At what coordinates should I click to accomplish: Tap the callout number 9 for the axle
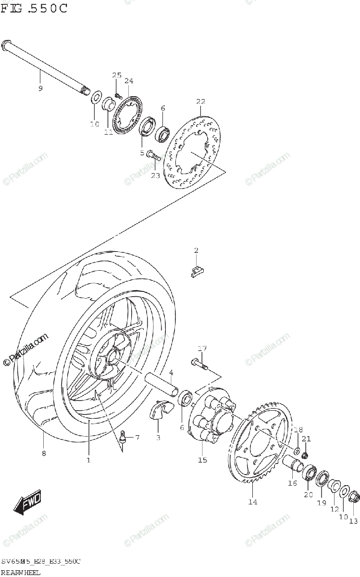pos(40,88)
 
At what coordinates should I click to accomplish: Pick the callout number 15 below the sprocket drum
pos(202,460)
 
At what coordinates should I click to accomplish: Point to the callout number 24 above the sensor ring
pos(129,81)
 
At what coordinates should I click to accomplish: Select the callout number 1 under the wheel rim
pos(88,460)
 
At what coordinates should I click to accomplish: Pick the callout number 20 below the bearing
pos(308,494)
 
